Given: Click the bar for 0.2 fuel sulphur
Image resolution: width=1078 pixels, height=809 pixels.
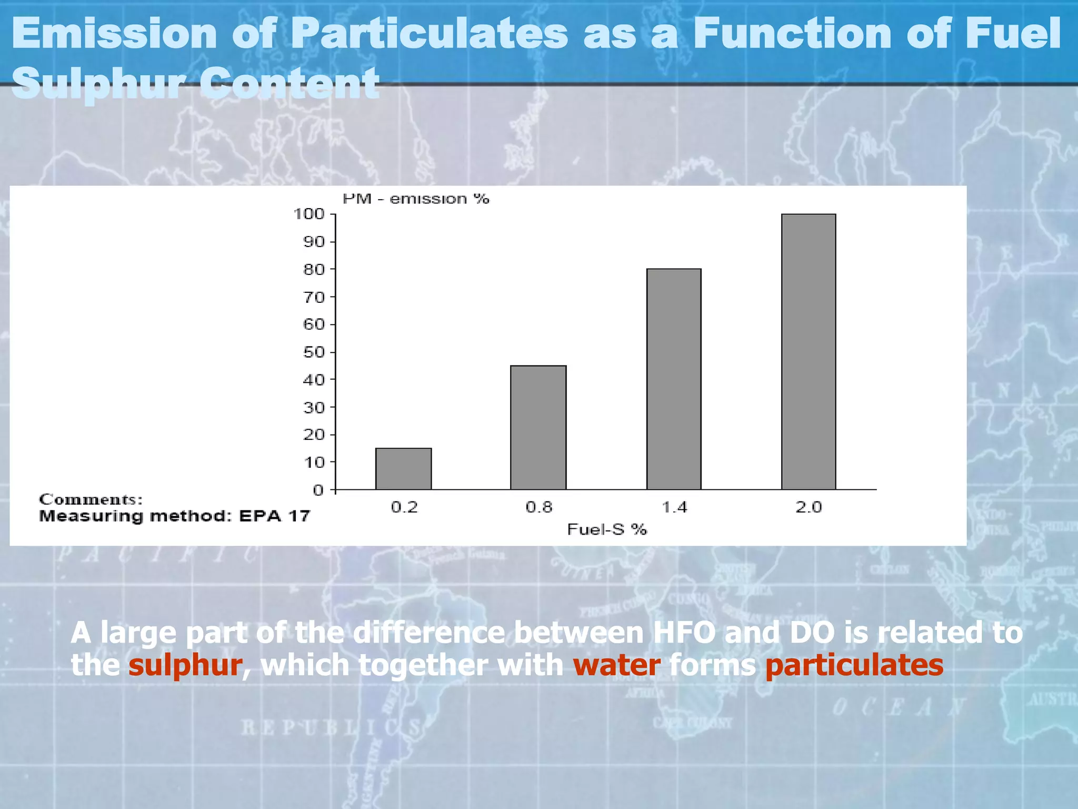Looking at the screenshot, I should point(403,469).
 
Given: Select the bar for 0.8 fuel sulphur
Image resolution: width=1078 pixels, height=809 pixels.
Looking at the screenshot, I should point(538,428).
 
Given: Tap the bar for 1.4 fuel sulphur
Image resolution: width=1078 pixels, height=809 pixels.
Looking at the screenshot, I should point(674,379).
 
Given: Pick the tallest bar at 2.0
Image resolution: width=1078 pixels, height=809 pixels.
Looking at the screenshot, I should point(808,352).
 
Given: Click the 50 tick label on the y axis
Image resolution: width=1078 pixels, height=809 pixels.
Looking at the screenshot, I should point(314,352).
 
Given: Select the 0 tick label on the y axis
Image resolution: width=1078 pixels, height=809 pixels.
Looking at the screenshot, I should point(318,490).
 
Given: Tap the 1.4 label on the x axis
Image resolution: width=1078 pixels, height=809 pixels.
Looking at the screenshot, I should point(674,507).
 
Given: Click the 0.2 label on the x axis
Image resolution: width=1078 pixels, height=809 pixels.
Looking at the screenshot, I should point(404,507).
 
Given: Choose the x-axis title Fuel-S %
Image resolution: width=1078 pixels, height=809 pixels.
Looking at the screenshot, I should point(606,529).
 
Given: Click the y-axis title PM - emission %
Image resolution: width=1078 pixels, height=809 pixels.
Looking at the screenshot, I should point(416,199).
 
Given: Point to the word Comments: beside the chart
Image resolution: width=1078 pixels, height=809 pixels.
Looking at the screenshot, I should point(91,499).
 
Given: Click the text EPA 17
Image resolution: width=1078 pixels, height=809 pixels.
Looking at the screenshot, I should point(274,516).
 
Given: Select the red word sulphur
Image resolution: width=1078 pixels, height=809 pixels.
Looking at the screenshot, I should point(185,665).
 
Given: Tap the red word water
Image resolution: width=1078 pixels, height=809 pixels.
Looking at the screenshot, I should point(616,665).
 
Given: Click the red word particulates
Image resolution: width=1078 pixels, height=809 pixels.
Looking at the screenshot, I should point(854,665).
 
